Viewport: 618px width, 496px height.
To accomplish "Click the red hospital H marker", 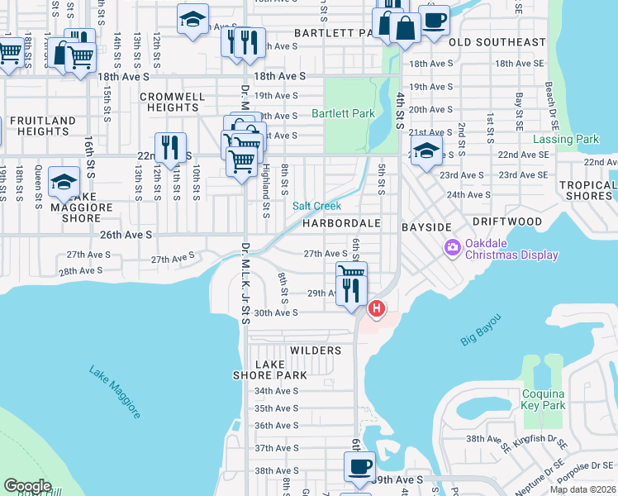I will (377, 309).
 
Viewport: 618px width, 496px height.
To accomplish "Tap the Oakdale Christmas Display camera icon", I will (452, 247).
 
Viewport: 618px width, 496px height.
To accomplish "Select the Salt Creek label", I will (316, 206).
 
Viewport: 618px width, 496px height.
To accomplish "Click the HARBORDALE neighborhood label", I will (340, 223).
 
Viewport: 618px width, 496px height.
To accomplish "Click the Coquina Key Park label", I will (544, 399).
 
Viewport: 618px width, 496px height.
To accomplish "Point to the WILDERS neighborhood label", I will (316, 351).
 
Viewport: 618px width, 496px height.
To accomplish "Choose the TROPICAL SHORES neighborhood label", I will (587, 191).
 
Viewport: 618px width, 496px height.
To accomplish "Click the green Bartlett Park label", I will (343, 114).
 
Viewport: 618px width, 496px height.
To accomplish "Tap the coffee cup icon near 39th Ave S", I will (359, 466).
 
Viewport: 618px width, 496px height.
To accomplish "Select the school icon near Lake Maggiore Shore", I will (64, 182).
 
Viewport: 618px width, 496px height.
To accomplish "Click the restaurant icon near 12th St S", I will (170, 147).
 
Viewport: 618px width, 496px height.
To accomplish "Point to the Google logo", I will (28, 485).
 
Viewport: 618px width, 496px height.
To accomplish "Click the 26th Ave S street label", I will (126, 235).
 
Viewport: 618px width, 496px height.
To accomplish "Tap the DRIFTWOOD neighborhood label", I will (507, 222).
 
